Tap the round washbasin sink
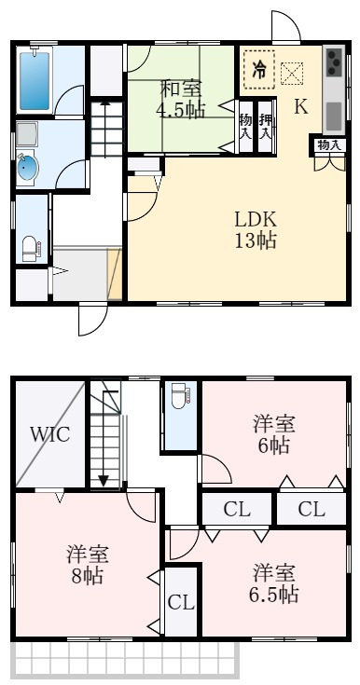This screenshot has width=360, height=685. click(x=29, y=170)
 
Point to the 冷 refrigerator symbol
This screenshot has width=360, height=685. click(x=258, y=68)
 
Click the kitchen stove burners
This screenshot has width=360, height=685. click(x=334, y=64)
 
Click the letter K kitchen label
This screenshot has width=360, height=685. click(x=300, y=106)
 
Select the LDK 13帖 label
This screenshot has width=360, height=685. click(x=254, y=229)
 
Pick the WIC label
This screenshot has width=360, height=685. click(x=48, y=433)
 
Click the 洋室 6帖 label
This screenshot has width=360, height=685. click(x=273, y=434)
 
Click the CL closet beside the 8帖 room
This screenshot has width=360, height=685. click(x=181, y=602)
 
